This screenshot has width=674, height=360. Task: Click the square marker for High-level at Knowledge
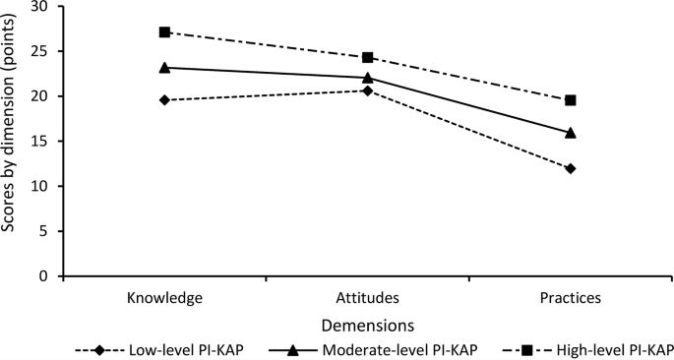click(164, 31)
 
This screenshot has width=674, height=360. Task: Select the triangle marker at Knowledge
click(164, 67)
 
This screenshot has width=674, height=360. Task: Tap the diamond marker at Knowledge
click(164, 100)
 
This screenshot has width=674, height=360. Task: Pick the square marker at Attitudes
click(368, 57)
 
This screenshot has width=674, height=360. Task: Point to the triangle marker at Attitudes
click(368, 78)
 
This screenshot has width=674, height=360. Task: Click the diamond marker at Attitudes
click(368, 90)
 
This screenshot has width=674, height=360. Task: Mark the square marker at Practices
click(571, 100)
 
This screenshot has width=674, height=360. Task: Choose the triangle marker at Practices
click(571, 133)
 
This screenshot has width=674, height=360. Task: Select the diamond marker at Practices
click(571, 168)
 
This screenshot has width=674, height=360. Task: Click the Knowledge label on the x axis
click(164, 298)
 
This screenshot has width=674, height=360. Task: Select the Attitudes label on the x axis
click(368, 298)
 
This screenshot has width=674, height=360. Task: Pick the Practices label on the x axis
click(571, 298)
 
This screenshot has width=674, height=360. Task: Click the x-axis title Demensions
click(368, 326)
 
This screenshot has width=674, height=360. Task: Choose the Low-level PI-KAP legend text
click(190, 350)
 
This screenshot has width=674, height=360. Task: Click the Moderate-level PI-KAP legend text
click(400, 350)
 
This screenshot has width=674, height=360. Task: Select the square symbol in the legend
click(527, 350)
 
